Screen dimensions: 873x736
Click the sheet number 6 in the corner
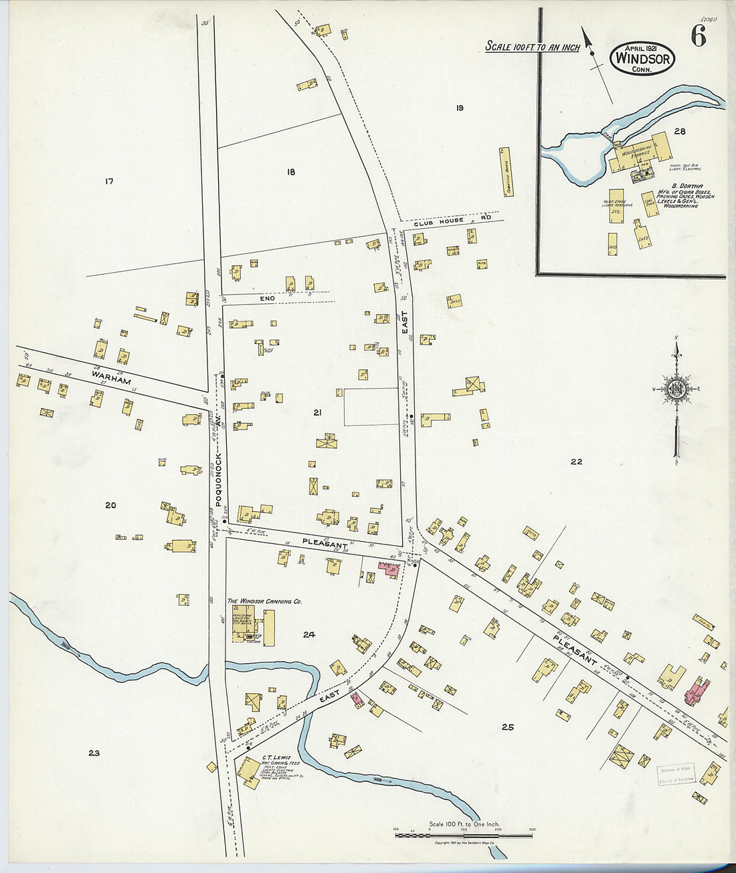pos(698,37)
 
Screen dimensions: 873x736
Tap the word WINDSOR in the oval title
pos(642,59)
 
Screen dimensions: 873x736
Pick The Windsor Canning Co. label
pos(264,601)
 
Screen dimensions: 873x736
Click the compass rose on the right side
pos(676,390)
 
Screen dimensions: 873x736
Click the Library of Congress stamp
pos(676,775)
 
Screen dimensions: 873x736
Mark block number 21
pos(317,413)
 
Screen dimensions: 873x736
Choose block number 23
pos(94,753)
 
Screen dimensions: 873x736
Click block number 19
pos(460,108)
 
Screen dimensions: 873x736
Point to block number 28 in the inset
pos(680,132)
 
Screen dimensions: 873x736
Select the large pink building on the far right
pos(697,691)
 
